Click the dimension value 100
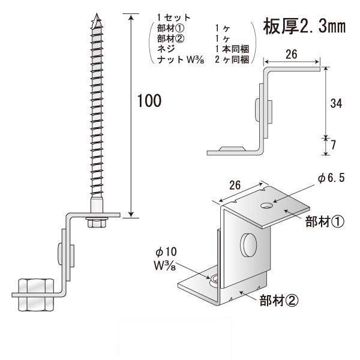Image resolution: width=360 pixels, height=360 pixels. coord(149,101)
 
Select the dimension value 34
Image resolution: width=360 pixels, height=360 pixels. coord(336,103)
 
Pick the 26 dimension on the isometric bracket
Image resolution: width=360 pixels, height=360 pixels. coord(235,187)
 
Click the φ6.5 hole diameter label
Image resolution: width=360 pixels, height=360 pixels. coord(331,178)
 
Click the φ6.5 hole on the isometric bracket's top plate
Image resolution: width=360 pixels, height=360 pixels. coord(266,206)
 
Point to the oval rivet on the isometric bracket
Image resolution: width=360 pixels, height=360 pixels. coord(248,245)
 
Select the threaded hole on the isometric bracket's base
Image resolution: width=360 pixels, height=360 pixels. coord(214,279)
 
